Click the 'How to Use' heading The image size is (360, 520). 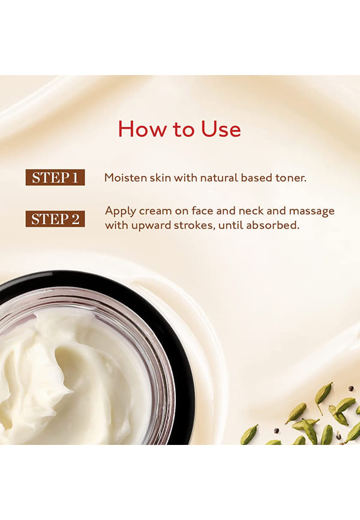179,128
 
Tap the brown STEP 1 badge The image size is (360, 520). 55,177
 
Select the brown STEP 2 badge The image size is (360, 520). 55,219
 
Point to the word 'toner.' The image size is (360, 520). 291,178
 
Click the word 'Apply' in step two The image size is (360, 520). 120,211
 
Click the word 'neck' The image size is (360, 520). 251,211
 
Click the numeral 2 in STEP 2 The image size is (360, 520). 75,219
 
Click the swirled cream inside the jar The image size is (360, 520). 66,375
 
